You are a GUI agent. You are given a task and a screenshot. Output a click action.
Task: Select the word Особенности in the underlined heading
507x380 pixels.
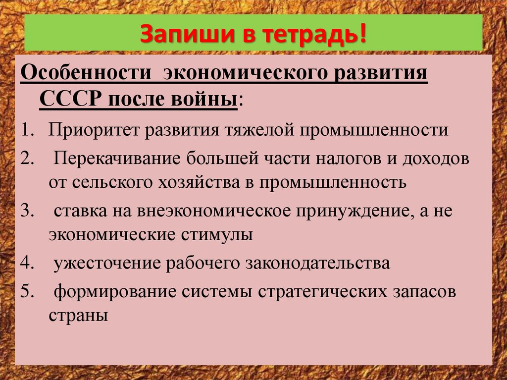(x=85, y=73)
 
